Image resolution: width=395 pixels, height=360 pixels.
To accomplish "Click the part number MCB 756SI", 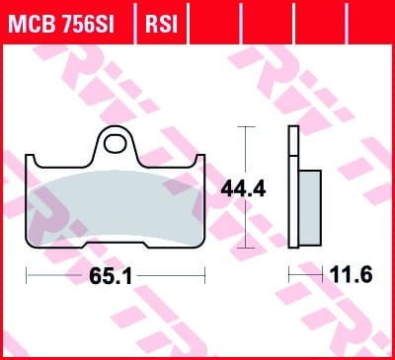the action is point(61,24).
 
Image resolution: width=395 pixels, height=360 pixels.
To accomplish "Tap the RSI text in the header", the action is point(161,24).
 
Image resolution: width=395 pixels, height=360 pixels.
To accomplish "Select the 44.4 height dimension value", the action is point(243,189).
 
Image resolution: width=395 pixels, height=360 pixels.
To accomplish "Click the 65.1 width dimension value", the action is point(111,275).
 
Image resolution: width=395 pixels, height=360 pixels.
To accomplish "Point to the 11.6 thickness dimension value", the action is point(351,274).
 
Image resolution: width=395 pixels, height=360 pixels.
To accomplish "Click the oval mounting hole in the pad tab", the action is point(115,144).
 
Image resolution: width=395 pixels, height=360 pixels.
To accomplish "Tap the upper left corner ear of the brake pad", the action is point(30,160).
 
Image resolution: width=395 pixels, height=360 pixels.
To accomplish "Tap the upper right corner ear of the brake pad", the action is point(200,160).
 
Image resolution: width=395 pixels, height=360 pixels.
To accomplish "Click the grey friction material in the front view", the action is point(116,207).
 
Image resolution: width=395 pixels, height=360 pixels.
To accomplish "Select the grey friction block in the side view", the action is point(310,207).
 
